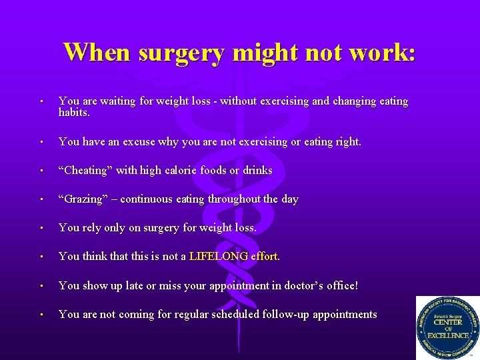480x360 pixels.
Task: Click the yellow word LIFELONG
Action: pyautogui.click(x=219, y=256)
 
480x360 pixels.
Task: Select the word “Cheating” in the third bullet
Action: pyautogui.click(x=86, y=170)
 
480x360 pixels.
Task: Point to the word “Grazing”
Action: pyautogui.click(x=83, y=199)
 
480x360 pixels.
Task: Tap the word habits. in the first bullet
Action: pyautogui.click(x=74, y=112)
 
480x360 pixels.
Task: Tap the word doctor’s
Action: pyautogui.click(x=307, y=285)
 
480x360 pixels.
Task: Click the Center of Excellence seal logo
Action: pyautogui.click(x=447, y=327)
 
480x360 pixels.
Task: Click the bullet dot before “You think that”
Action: pyautogui.click(x=41, y=257)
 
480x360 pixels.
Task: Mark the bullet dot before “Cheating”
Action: pyautogui.click(x=41, y=171)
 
